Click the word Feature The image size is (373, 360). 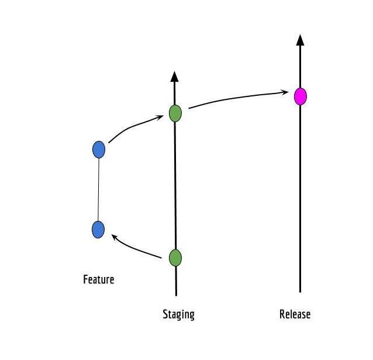pyautogui.click(x=98, y=279)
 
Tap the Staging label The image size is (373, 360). pyautogui.click(x=178, y=314)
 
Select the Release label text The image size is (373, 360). pyautogui.click(x=295, y=314)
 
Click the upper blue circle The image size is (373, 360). pyautogui.click(x=99, y=150)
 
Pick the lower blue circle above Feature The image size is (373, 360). pyautogui.click(x=98, y=230)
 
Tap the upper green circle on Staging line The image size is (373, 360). pyautogui.click(x=175, y=113)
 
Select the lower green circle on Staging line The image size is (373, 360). pyautogui.click(x=175, y=257)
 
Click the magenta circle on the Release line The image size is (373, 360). pyautogui.click(x=300, y=96)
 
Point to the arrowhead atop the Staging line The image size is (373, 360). pyautogui.click(x=174, y=76)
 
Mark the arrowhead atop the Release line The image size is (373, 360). pyautogui.click(x=300, y=40)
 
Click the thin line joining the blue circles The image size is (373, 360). pyautogui.click(x=99, y=190)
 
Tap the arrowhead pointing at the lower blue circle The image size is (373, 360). pyautogui.click(x=115, y=237)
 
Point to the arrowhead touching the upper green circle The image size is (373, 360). pyautogui.click(x=159, y=118)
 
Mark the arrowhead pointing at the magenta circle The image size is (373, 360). pyautogui.click(x=285, y=92)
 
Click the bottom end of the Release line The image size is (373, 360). pyautogui.click(x=300, y=290)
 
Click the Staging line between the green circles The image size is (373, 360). pyautogui.click(x=175, y=184)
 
